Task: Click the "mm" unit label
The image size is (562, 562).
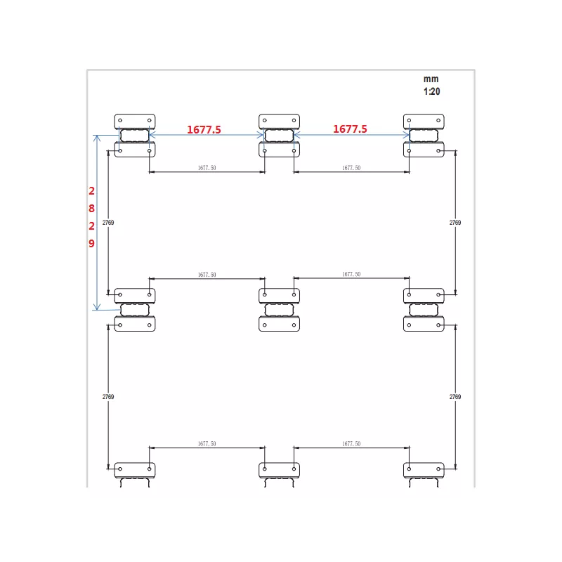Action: tap(431, 79)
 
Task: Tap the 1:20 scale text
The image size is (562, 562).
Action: tap(431, 91)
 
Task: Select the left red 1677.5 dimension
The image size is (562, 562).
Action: tap(204, 129)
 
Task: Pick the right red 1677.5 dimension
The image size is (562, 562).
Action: tap(350, 129)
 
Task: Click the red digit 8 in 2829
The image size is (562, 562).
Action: tap(92, 208)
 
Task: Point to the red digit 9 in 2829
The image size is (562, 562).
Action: tap(92, 243)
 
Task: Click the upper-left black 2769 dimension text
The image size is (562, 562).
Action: tap(108, 223)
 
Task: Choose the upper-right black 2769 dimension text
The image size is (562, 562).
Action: tap(455, 223)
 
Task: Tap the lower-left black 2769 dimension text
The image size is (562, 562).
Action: tap(108, 397)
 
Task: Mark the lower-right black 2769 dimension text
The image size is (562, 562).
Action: tap(455, 397)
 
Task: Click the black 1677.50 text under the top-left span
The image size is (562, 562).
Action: tap(207, 168)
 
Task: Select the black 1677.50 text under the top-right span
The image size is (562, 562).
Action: tap(351, 168)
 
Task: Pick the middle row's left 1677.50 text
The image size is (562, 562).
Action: tap(207, 275)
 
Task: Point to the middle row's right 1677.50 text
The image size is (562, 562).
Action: tap(351, 274)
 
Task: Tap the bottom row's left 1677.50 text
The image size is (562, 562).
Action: tap(207, 444)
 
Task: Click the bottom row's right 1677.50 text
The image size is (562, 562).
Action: tap(351, 444)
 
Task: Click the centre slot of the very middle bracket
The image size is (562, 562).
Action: tap(279, 310)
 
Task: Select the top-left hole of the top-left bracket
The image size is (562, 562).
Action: tap(120, 120)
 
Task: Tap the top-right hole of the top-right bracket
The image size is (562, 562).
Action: tap(438, 120)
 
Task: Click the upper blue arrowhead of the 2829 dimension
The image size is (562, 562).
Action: tap(97, 138)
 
